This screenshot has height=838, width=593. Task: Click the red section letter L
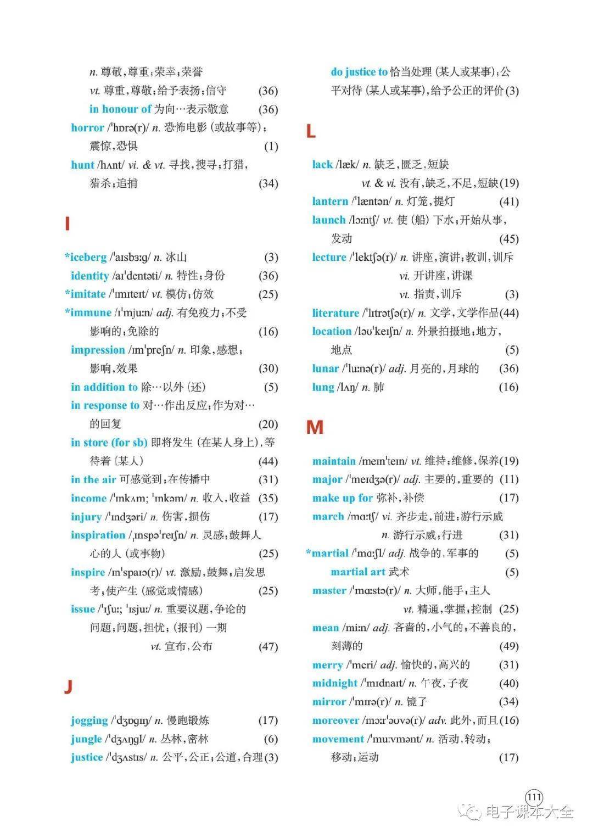click(311, 132)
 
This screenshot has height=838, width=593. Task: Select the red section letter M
click(315, 427)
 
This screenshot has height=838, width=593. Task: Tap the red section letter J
click(68, 686)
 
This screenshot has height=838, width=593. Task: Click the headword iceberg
click(88, 257)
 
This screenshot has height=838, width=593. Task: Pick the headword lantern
click(330, 202)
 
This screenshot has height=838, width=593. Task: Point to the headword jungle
click(86, 739)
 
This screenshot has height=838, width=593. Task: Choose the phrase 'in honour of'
click(120, 109)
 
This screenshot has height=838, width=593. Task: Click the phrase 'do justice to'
click(359, 72)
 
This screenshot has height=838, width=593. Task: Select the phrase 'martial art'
click(357, 572)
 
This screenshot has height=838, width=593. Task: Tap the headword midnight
click(335, 684)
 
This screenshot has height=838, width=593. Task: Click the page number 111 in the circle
click(534, 797)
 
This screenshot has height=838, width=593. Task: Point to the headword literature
click(335, 313)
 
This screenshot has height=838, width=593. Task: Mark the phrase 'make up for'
click(343, 498)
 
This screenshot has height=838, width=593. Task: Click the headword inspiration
click(98, 535)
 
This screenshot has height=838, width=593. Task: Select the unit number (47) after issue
click(268, 647)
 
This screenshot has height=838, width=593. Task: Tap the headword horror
click(87, 128)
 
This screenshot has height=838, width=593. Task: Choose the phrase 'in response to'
click(105, 406)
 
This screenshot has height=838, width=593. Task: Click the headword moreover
click(335, 720)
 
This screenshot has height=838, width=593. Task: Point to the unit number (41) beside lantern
click(508, 202)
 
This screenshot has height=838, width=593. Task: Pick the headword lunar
click(326, 368)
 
